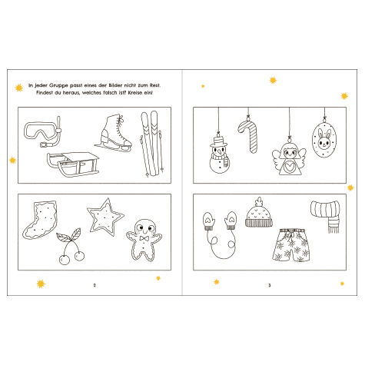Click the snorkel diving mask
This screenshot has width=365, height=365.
coord(42,132)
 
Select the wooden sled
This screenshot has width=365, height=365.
coord(73,164)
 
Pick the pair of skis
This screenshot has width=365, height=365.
coord(152,144)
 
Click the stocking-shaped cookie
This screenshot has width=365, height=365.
coord(41,220)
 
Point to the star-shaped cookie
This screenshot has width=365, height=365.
coord(105,217)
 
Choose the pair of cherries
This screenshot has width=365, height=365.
coord(71,247)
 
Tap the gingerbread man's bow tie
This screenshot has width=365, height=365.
coord(144,238)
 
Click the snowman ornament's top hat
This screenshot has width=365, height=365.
coord(218,141)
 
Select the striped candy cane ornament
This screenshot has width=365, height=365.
coord(249,136)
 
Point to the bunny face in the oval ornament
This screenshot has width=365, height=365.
coord(324,140)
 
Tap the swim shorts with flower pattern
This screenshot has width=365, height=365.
coord(291,245)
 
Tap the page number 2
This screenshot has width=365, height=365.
coord(95,285)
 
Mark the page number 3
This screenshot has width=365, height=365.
coord(269,285)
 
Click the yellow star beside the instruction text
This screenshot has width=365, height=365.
coord(18,88)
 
